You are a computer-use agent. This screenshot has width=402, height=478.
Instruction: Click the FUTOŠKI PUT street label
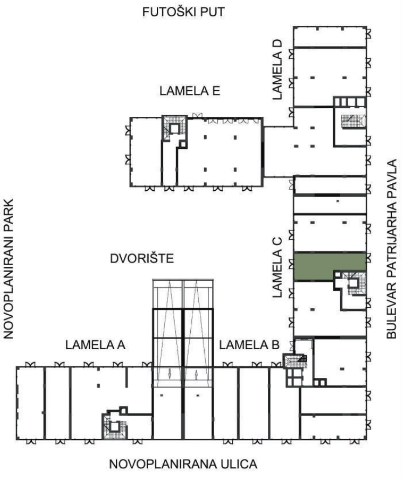(x=183, y=12)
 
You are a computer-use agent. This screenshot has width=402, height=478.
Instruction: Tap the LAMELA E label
(x=190, y=91)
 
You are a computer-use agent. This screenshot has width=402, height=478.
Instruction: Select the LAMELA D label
(x=278, y=70)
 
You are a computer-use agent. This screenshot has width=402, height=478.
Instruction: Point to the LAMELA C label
(x=278, y=267)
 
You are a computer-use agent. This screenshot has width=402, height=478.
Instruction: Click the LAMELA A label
(x=95, y=345)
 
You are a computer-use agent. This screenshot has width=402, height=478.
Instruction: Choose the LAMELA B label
(x=249, y=345)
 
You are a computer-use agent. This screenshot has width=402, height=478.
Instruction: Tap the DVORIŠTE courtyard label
(x=142, y=258)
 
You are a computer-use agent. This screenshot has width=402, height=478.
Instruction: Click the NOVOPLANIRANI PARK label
(x=9, y=269)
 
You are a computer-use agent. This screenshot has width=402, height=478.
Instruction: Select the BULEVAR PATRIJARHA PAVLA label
(x=391, y=249)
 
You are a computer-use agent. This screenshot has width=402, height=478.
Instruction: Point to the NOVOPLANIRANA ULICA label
(x=183, y=464)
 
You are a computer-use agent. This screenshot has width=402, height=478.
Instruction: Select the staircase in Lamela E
(x=174, y=128)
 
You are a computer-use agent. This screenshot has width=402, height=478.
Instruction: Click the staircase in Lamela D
(x=354, y=121)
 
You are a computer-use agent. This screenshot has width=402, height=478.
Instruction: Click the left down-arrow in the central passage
(x=170, y=374)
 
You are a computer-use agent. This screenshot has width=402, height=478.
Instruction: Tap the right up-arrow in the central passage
(x=196, y=375)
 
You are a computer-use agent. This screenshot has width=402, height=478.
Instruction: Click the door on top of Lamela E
(x=197, y=115)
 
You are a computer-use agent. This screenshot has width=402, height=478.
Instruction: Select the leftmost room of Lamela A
(x=31, y=403)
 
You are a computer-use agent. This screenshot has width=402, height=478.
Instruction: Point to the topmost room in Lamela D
(x=330, y=37)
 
